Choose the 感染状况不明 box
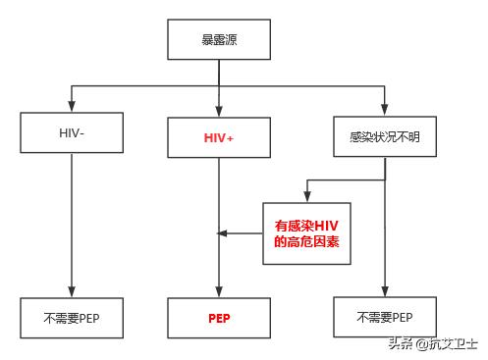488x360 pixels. tap(384, 135)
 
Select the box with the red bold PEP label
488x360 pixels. tap(218, 318)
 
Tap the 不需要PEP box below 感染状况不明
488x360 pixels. tap(384, 317)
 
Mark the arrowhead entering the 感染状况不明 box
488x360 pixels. tap(384, 109)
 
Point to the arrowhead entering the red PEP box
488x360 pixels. tap(218, 291)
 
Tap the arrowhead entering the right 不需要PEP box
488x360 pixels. tap(384, 291)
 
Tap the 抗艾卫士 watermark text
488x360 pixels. tap(455, 343)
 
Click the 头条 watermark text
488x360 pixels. tap(400, 343)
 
